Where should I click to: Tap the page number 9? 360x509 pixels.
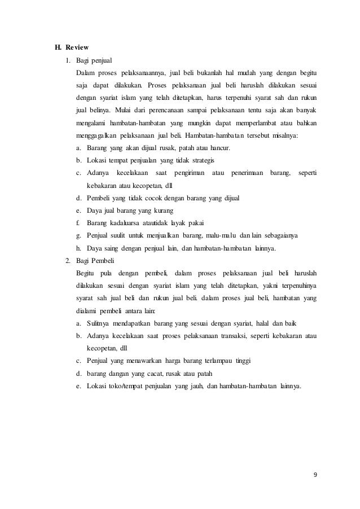pyautogui.click(x=314, y=473)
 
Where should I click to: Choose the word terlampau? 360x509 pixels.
pyautogui.click(x=221, y=361)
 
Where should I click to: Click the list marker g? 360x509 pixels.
pyautogui.click(x=78, y=235)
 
